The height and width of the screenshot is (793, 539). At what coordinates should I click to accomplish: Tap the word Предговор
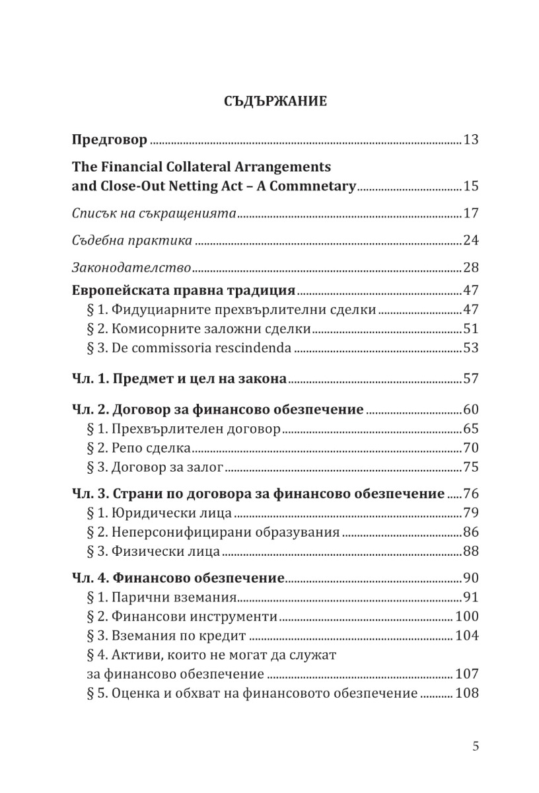pos(109,140)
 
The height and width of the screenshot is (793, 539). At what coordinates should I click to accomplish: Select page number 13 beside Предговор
pos(470,140)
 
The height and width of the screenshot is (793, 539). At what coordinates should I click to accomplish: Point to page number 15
pos(470,186)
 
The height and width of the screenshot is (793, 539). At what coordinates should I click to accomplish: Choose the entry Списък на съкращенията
pos(154,213)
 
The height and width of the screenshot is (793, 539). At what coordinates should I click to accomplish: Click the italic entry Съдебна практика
pos(132,240)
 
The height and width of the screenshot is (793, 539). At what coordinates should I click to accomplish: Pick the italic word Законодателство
pos(131,268)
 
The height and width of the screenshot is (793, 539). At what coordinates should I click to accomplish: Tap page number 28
pos(470,268)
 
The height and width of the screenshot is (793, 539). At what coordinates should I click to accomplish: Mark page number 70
pos(470,448)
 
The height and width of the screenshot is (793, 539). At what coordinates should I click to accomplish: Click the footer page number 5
pos(476,746)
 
